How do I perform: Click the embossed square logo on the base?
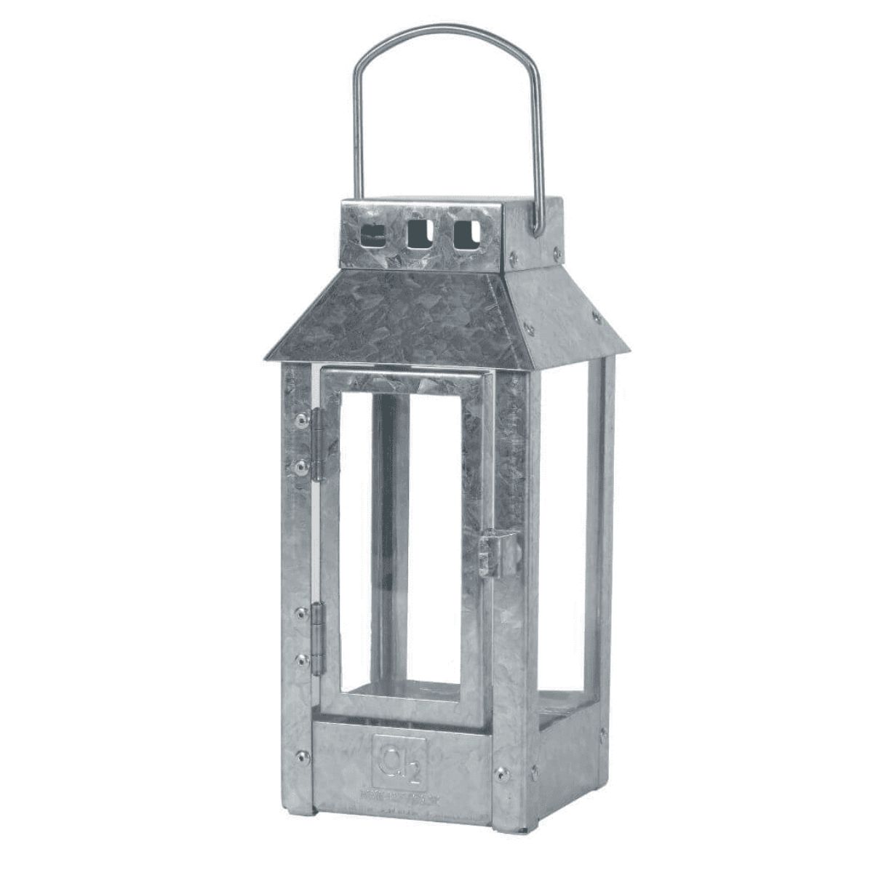[400, 757]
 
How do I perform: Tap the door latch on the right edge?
[498, 553]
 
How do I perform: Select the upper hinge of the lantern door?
[317, 444]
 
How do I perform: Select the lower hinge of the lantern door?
[317, 639]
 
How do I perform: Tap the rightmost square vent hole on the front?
[466, 234]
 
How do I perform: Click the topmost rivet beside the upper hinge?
[299, 418]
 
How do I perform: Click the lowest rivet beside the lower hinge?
[299, 661]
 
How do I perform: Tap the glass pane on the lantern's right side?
[564, 524]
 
